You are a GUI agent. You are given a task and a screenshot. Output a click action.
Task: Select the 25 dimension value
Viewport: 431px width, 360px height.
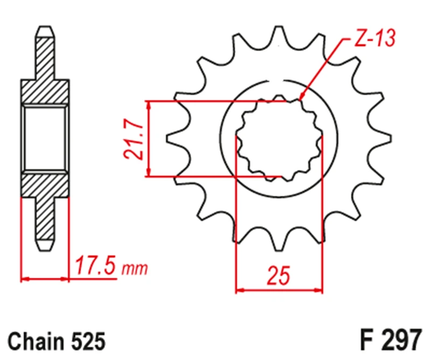pos(279,275)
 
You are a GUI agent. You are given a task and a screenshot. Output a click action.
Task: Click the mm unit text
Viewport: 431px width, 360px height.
pos(134,269)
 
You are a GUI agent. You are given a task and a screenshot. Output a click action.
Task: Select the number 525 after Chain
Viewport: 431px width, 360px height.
pos(88,341)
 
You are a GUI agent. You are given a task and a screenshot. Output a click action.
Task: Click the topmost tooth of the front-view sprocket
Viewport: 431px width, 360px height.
pos(279,34)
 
